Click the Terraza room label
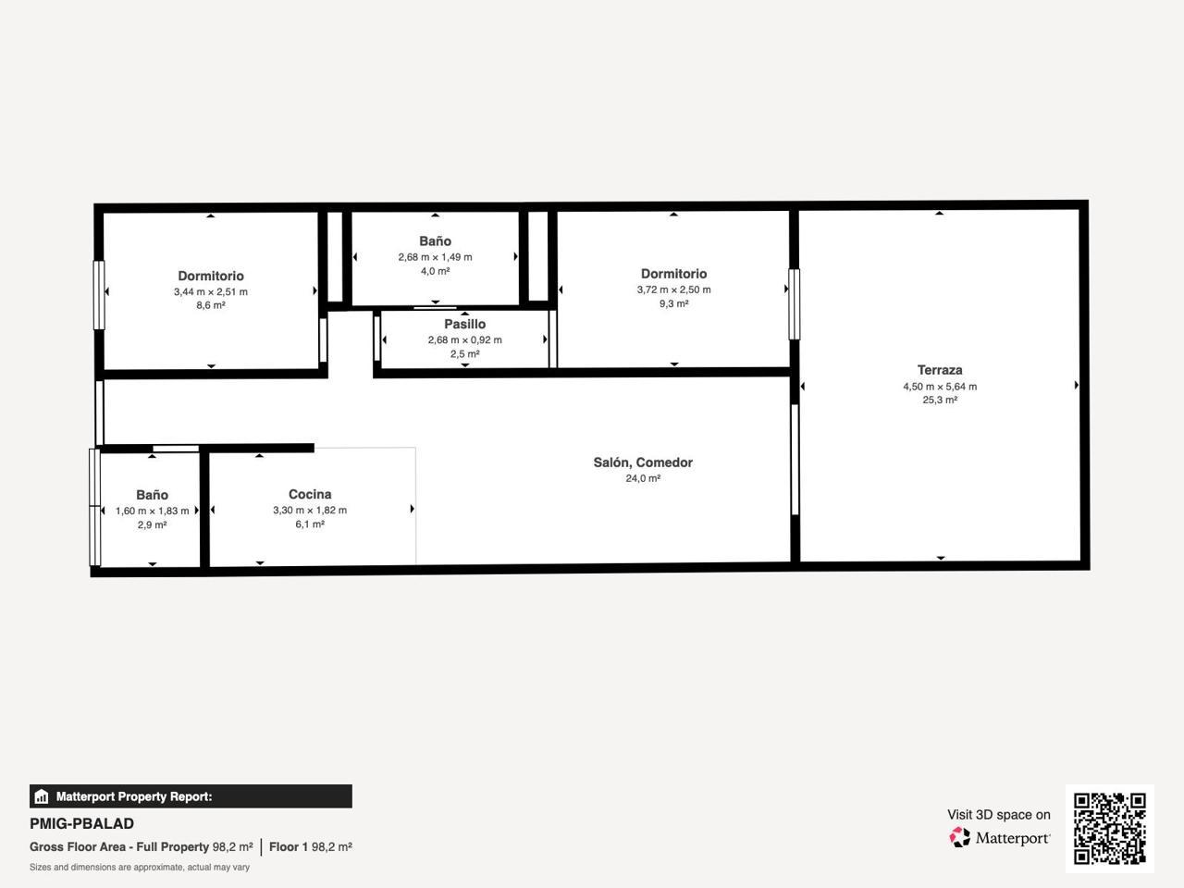tap(940, 370)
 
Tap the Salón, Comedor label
tap(643, 462)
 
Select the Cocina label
tap(310, 494)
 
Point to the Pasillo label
tap(464, 324)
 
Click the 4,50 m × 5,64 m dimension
tap(940, 386)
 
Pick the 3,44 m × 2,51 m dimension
tap(210, 291)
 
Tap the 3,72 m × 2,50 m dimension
tap(673, 290)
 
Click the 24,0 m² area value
tap(643, 478)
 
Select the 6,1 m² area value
tap(310, 524)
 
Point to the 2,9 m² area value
tap(152, 524)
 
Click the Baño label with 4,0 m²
tap(435, 241)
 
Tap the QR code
tap(1110, 829)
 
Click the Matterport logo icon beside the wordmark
tap(959, 838)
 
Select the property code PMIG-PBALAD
tap(82, 824)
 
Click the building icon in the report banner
tap(42, 796)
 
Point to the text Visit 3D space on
tap(998, 815)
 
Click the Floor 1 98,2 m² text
tap(311, 847)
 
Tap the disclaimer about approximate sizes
tap(140, 868)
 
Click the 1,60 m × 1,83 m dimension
tap(152, 511)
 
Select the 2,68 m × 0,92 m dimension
tap(464, 340)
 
